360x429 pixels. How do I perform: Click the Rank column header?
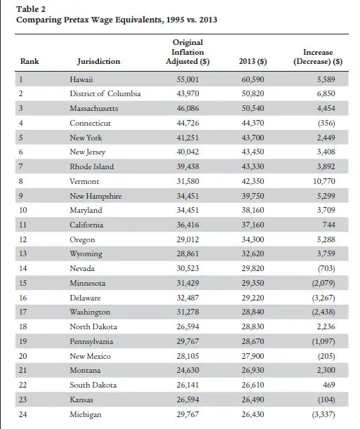pos(29,61)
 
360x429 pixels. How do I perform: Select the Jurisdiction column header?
pos(99,61)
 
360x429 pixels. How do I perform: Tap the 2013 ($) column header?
pos(253,61)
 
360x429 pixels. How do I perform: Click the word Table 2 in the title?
pos(31,9)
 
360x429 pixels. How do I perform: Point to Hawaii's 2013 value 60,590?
pos(253,79)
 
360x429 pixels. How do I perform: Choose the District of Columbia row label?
pos(105,93)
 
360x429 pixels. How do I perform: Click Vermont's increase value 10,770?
pos(324,181)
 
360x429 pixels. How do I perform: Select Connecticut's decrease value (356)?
pos(326,123)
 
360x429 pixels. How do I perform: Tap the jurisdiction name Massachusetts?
pos(94,108)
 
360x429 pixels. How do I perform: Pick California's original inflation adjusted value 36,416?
pos(188,225)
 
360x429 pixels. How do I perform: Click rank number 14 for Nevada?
pos(23,268)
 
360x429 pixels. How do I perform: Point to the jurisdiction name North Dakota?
pos(93,326)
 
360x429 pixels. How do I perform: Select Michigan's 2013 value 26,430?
pos(253,414)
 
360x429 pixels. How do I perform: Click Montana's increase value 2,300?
pos(326,370)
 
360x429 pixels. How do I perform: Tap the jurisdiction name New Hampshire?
pos(95,196)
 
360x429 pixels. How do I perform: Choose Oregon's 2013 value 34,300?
pos(253,239)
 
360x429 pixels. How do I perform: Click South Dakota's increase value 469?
pos(329,385)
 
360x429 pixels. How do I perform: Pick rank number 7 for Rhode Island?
pos(21,166)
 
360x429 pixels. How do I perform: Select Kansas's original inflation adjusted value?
pos(188,400)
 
